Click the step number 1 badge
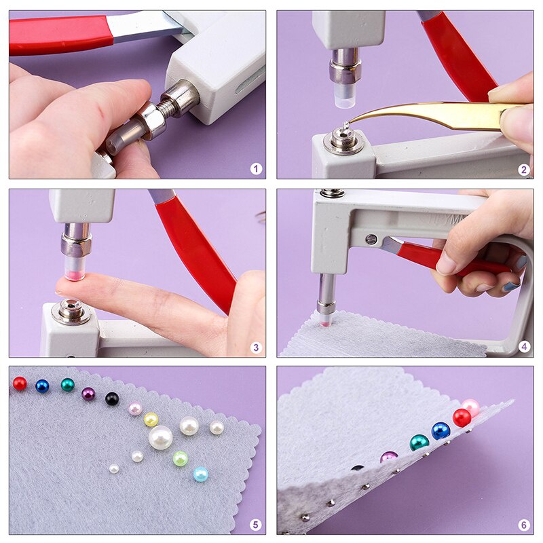(256, 169)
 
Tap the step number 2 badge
(523, 169)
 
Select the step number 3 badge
(256, 348)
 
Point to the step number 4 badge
(523, 347)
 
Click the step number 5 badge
(256, 525)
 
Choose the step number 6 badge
(523, 525)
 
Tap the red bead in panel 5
(20, 383)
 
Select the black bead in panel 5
(112, 398)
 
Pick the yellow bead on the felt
(151, 419)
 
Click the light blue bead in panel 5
(200, 474)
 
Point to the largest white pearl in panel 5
(161, 437)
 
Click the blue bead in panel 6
(441, 431)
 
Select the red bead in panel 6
(462, 417)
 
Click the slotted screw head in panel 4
(371, 238)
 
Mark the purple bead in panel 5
(88, 394)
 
